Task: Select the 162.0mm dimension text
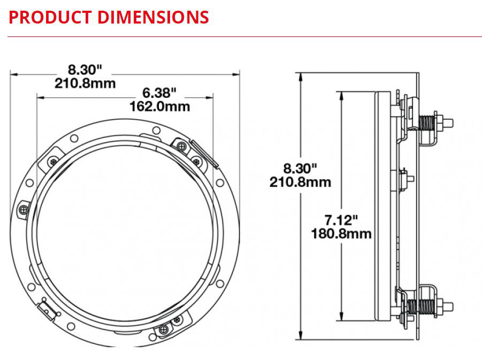pos(159,106)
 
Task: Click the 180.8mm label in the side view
pos(341,234)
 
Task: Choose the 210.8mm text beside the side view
pos(300,182)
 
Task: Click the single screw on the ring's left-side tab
pos(24,209)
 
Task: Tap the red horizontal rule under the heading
pos(241,36)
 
